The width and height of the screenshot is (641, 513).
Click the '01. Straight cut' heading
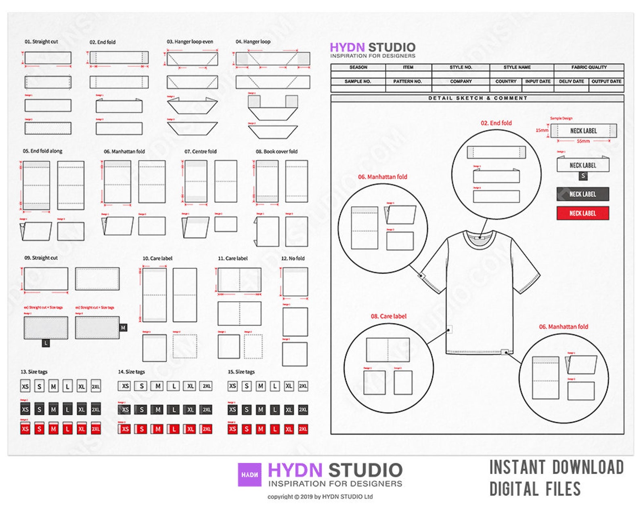point(41,42)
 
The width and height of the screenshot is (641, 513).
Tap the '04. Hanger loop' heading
point(253,42)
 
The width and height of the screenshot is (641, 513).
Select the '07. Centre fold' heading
point(201,151)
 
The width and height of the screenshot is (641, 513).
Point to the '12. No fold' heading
point(293,259)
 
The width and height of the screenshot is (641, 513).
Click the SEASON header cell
point(358,67)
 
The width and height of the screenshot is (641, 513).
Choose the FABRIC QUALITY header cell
point(589,67)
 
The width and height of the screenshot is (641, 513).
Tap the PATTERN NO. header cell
point(407,82)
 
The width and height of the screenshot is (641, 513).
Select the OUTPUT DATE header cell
point(606,82)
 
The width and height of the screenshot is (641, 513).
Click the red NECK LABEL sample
point(582,213)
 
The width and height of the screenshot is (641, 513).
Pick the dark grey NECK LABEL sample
point(582,194)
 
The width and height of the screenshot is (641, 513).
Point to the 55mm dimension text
point(583,141)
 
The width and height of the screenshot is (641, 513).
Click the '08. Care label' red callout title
point(388,316)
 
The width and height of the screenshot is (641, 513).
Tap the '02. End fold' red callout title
point(496,123)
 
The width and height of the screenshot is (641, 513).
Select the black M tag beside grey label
point(123,328)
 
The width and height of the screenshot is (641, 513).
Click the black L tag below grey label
point(46,343)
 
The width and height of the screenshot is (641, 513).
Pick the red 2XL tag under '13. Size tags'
point(96,429)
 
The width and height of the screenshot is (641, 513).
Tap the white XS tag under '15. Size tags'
point(233,386)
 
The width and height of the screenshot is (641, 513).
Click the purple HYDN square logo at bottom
point(249,475)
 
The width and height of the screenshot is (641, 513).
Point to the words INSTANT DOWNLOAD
point(556,468)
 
